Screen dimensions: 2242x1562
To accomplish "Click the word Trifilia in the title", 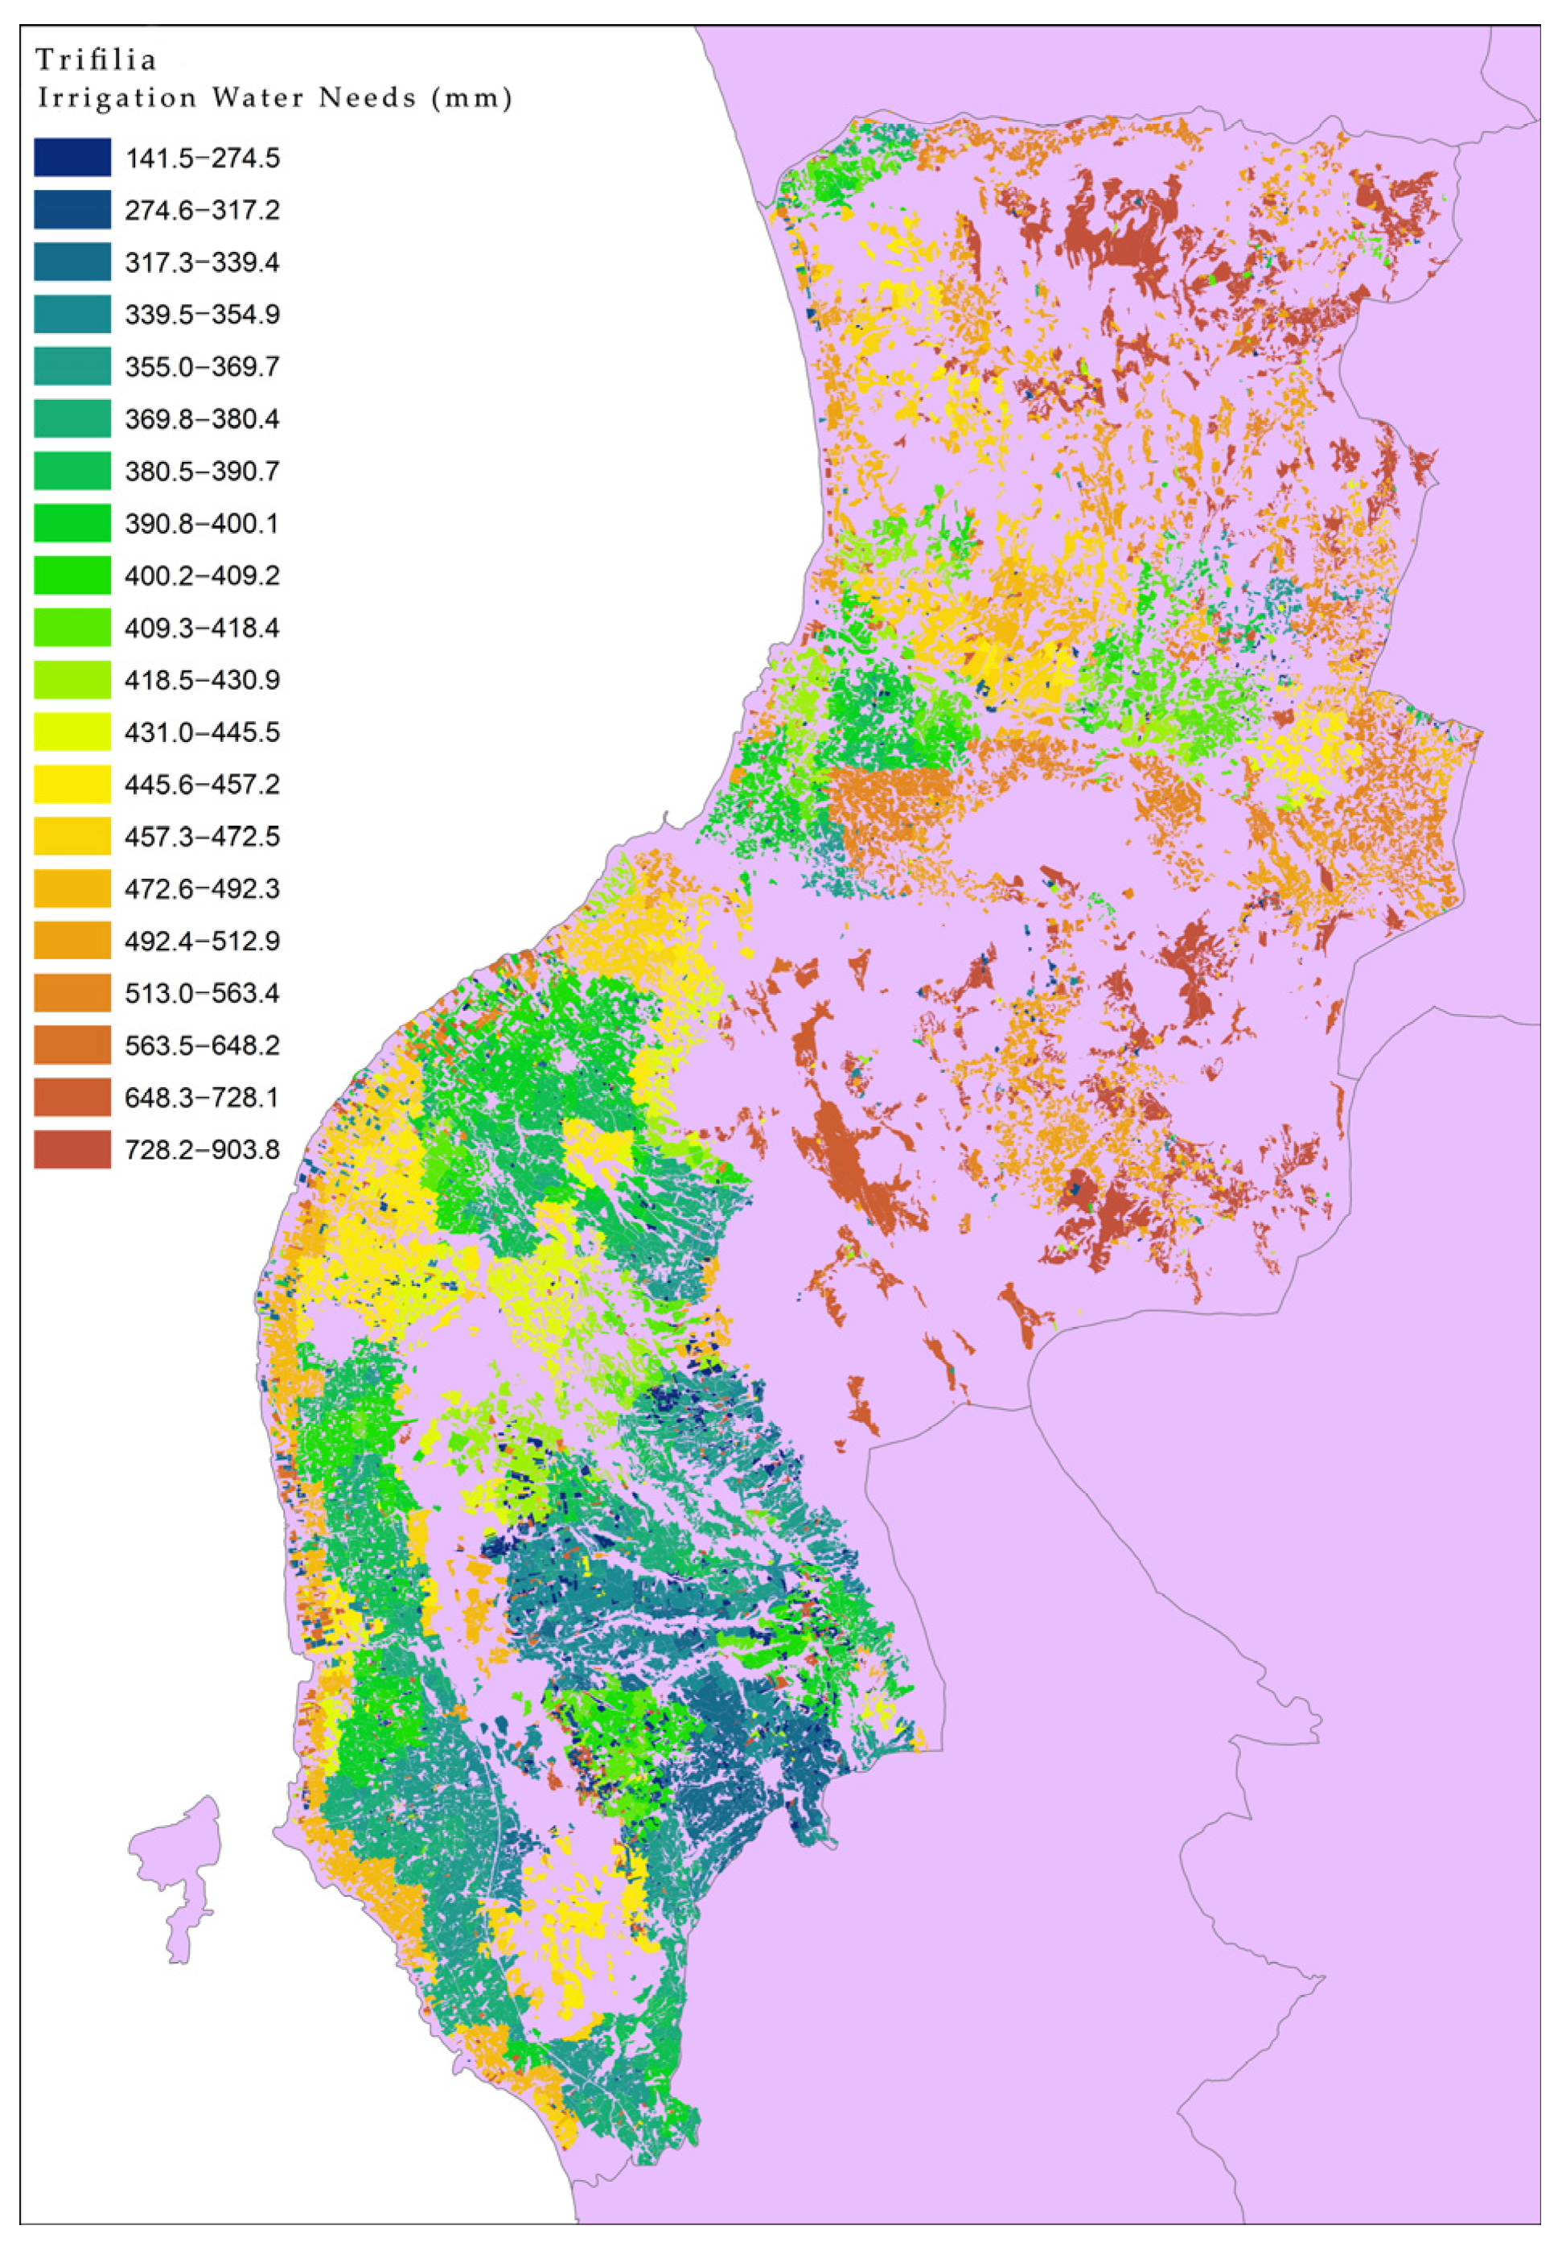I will (96, 60).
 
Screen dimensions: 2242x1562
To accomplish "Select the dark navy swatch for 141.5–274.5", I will (72, 157).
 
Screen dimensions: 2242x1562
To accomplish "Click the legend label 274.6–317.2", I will (202, 210).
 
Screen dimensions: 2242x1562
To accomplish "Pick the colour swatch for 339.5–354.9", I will (72, 315).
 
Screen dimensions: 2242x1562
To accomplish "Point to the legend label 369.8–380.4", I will (202, 419).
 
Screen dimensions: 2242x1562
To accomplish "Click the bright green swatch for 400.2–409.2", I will (72, 575).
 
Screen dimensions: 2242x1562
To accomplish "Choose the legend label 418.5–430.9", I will (202, 680).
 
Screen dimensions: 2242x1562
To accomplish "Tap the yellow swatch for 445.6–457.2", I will (72, 784).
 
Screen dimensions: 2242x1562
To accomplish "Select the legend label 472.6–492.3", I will (202, 888).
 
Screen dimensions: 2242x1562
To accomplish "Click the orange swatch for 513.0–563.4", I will (72, 993).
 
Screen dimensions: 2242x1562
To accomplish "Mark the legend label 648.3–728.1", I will (202, 1098).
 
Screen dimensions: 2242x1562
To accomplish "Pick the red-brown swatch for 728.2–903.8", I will (72, 1149).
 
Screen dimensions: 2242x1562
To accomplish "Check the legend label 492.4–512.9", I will (202, 942).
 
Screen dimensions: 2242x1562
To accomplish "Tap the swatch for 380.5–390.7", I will (72, 471).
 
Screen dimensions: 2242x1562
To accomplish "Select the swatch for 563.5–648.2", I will (72, 1045).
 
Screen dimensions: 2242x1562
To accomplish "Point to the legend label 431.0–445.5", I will (202, 732).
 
